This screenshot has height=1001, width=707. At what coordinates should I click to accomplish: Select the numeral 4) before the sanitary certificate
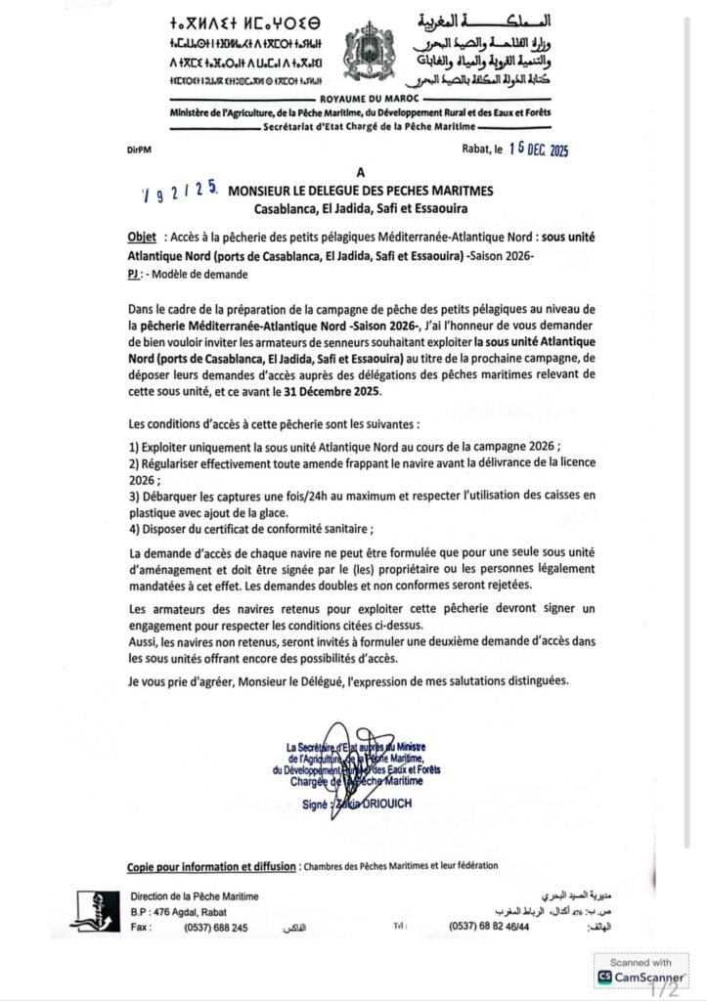click(134, 529)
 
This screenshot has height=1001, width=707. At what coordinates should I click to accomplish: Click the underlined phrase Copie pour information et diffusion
click(210, 866)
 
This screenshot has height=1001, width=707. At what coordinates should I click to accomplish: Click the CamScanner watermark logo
click(641, 977)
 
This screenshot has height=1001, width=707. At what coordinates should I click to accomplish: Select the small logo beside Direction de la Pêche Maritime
click(95, 910)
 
